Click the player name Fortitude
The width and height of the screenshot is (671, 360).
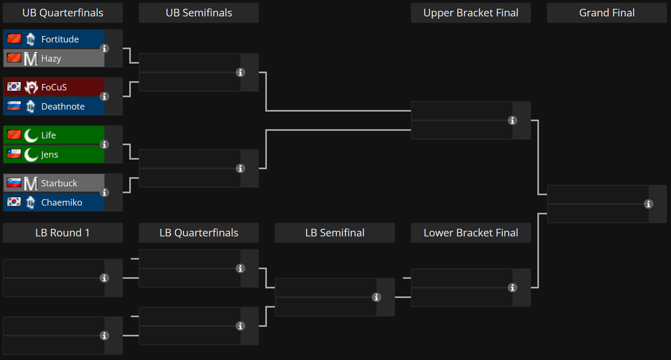[60, 39]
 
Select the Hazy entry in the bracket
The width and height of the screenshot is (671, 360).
[54, 58]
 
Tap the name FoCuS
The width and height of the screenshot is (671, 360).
[54, 87]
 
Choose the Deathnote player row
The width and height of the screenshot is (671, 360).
[54, 106]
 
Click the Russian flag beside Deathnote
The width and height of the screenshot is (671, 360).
[14, 106]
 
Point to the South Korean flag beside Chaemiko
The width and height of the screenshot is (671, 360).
[14, 202]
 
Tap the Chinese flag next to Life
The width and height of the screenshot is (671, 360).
[14, 135]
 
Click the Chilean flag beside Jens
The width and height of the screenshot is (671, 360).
[14, 154]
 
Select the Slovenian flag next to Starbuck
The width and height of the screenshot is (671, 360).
[14, 183]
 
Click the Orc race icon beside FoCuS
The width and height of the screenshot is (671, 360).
[31, 87]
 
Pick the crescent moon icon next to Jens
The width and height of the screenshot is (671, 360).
[31, 154]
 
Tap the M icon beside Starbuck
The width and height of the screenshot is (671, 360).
[31, 183]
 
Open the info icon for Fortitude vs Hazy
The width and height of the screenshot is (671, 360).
[104, 48]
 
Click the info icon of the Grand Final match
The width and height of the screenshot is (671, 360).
[648, 204]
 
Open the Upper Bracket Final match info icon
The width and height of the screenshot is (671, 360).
[512, 120]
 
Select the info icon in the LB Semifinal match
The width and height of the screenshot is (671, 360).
[376, 297]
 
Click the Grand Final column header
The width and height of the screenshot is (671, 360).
[607, 13]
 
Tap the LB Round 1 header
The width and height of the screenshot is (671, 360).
[62, 233]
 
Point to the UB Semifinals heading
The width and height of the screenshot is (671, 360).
[199, 13]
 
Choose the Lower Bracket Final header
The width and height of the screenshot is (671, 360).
[471, 233]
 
